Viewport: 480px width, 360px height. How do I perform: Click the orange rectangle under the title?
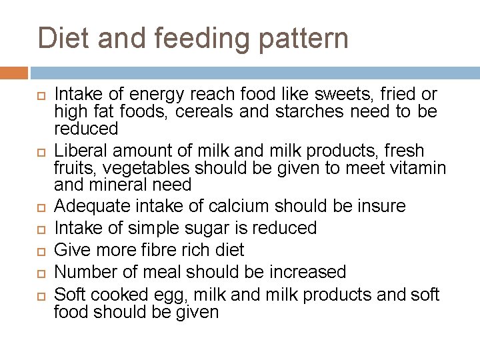[x=14, y=73]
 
